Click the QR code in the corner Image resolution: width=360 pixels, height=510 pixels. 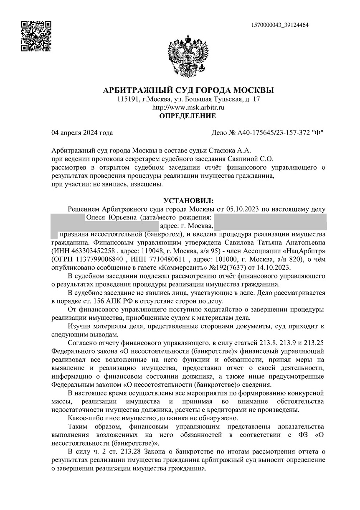(36, 36)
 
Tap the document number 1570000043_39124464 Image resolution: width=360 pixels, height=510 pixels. (280, 25)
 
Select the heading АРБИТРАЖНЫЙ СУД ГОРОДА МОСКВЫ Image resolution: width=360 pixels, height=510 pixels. (188, 90)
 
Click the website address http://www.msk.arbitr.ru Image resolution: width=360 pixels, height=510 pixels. (188, 107)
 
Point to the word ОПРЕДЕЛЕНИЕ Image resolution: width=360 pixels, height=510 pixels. (188, 116)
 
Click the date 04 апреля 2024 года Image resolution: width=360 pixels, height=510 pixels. (82, 133)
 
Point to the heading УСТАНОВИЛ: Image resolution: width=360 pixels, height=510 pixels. (188, 201)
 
